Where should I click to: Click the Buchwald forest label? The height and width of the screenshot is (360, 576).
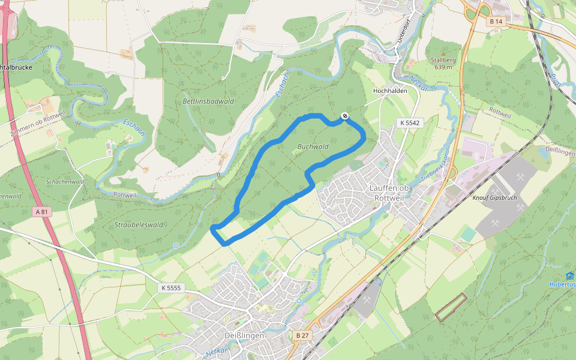313,146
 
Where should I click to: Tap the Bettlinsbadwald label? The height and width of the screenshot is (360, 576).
208,101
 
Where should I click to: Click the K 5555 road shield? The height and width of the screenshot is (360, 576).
170,288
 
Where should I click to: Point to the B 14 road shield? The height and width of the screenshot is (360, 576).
495,21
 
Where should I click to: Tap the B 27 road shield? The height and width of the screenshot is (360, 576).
302,334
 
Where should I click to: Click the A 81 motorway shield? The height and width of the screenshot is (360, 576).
41,212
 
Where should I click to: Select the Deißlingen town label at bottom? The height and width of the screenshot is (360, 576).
244,335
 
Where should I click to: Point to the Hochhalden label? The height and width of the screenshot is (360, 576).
390,91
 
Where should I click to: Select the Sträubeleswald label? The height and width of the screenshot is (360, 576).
138,225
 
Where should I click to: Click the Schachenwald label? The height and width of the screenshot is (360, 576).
65,181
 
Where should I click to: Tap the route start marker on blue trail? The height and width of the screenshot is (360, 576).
344,116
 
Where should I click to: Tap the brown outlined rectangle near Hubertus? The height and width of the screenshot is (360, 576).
451,307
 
